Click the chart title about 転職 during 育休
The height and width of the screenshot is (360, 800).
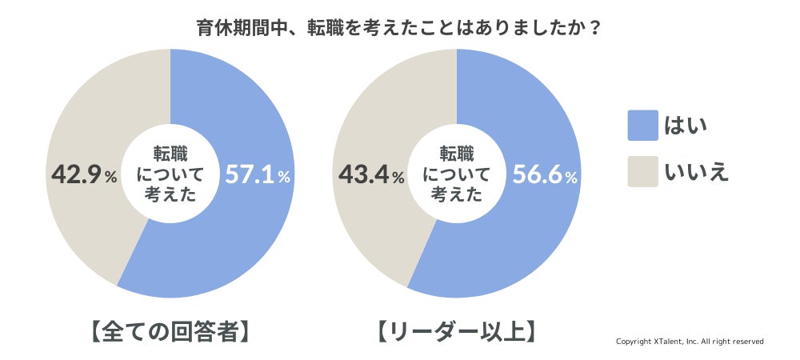point(399,27)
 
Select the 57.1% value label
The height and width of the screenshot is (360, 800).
point(257,175)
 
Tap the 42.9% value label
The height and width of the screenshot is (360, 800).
point(83,175)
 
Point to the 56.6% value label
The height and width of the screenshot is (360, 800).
point(544,175)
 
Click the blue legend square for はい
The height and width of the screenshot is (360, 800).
point(642,126)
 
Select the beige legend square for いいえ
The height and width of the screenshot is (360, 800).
point(642,171)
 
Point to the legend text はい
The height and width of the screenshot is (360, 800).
point(686,126)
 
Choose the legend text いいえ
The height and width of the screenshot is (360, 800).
point(697,171)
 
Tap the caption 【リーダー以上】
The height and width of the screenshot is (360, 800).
point(456,331)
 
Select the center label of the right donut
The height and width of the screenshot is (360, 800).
point(456,174)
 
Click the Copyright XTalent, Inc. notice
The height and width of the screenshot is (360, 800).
point(690,342)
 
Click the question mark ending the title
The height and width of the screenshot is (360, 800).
point(595,27)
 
